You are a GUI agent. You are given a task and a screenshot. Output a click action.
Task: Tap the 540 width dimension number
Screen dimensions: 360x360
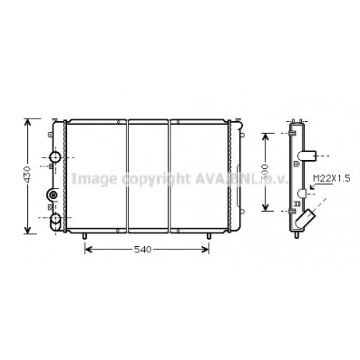coord(143,251)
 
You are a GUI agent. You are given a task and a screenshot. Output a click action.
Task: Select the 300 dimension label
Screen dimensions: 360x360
coord(272,171)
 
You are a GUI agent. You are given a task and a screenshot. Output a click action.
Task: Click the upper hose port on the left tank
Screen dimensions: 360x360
coord(55,158)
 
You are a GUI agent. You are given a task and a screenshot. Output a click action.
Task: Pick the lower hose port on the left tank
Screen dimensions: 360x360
coord(55,218)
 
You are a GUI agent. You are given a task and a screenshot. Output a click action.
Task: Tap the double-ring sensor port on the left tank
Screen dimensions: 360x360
coord(53,195)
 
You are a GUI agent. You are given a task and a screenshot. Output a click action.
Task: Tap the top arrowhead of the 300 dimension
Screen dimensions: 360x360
coord(266,135)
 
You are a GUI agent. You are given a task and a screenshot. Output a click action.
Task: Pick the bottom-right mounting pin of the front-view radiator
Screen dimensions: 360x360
coord(208,237)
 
